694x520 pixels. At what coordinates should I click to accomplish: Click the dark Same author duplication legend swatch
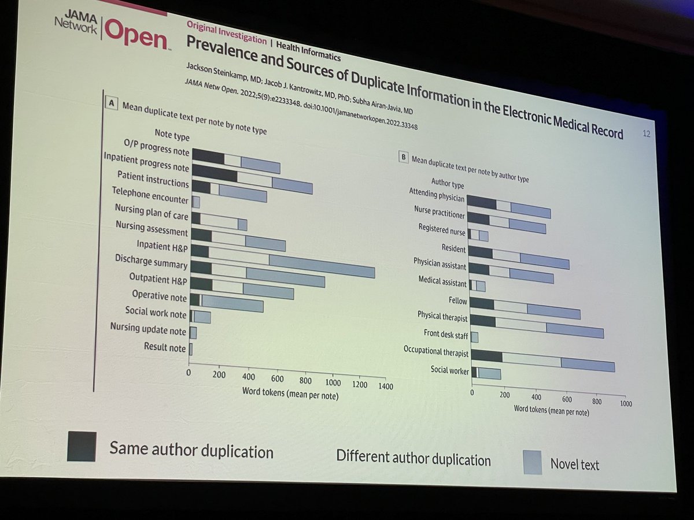[x=82, y=446]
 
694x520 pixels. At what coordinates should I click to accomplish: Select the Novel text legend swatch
[x=533, y=462]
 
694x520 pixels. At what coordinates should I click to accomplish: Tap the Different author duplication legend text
[x=413, y=459]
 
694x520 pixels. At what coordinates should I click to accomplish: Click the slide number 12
[x=647, y=134]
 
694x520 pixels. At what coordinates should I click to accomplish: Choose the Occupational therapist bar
[x=543, y=361]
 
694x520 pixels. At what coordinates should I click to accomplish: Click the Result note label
[x=165, y=347]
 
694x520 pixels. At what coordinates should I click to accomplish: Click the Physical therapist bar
[x=536, y=326]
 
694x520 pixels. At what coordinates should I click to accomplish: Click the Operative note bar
[x=226, y=302]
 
